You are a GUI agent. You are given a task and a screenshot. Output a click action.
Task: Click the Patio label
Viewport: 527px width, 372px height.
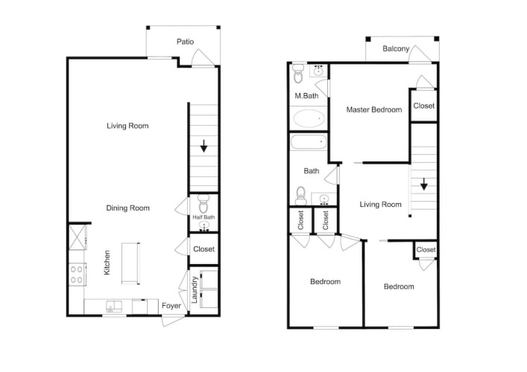tap(185, 42)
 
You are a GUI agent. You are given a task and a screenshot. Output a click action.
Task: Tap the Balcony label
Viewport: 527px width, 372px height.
tap(396, 48)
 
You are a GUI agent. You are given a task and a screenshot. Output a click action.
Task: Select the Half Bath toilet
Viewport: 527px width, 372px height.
tap(203, 204)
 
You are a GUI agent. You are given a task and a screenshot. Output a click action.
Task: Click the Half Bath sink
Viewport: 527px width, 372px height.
tap(203, 226)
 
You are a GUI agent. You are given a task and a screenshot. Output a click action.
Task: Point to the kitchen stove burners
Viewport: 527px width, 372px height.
tap(76, 275)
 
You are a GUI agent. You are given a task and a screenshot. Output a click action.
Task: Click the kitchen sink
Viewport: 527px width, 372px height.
tap(114, 307)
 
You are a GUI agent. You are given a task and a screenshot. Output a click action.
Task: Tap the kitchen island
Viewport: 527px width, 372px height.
tap(130, 263)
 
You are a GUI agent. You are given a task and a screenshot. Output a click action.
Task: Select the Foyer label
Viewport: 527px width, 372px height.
tap(171, 306)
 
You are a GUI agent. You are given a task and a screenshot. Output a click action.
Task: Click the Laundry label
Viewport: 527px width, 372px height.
tap(195, 289)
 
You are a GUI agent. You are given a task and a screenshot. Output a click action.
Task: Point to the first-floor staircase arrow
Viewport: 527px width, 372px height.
tap(203, 146)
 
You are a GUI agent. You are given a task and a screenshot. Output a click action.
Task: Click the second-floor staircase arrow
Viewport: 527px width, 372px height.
tap(424, 185)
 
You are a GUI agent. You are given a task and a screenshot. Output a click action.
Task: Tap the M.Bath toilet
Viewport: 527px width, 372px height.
tap(298, 74)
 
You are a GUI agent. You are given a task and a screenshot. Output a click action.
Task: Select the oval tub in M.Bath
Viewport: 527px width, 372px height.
tap(309, 118)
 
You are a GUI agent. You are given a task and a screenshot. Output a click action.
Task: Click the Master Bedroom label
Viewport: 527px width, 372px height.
tap(374, 109)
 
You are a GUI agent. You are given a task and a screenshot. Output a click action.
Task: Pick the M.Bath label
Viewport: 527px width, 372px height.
tap(306, 96)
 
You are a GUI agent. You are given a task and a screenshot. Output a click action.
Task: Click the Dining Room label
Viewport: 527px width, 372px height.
tap(127, 208)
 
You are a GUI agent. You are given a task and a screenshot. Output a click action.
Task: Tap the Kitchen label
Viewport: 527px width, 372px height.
tap(107, 263)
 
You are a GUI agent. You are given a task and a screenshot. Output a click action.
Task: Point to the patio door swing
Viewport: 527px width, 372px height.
tap(202, 58)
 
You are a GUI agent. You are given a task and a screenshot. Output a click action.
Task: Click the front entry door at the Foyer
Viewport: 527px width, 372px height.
tap(174, 320)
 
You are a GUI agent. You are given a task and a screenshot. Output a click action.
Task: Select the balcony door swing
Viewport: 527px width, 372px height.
tap(419, 54)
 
